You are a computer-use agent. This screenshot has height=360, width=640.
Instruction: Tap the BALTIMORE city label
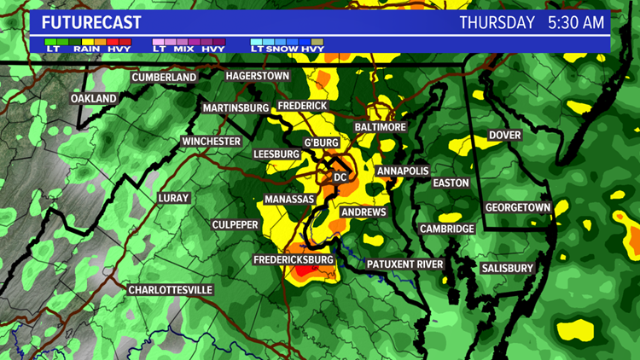pyautogui.click(x=380, y=126)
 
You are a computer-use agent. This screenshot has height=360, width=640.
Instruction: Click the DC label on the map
pyautogui.click(x=340, y=177)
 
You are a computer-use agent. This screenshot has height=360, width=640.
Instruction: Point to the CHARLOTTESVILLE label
pyautogui.click(x=170, y=290)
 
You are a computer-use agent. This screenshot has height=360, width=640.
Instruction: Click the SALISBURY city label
pyautogui.click(x=507, y=268)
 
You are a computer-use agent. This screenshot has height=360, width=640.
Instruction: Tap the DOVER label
pyautogui.click(x=504, y=135)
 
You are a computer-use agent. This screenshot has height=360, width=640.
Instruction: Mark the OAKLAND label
pyautogui.click(x=94, y=99)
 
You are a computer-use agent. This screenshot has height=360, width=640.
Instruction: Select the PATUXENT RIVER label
pyautogui.click(x=405, y=264)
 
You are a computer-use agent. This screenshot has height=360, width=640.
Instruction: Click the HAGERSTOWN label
pyautogui.click(x=258, y=76)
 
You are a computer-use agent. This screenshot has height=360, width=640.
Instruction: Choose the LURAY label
pyautogui.click(x=173, y=198)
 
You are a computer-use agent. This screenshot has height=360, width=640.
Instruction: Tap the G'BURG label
pyautogui.click(x=321, y=142)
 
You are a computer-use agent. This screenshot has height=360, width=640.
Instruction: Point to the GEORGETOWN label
pyautogui.click(x=517, y=207)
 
